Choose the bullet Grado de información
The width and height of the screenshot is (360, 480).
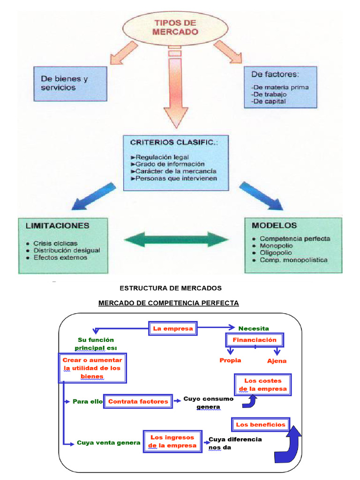[x=170, y=164]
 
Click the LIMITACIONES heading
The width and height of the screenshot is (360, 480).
[x=58, y=225]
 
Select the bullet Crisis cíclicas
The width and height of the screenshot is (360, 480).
[x=55, y=243]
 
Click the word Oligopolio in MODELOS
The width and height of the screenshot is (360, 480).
[x=276, y=253]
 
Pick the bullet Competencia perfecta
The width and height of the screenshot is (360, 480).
[x=294, y=239]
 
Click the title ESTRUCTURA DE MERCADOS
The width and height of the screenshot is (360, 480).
[x=171, y=288]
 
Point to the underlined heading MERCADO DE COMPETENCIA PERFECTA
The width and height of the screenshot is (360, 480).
[x=168, y=303]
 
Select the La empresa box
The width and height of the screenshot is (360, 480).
[x=173, y=329]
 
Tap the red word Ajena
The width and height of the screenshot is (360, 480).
[x=277, y=361]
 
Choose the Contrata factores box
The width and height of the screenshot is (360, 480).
[x=138, y=401]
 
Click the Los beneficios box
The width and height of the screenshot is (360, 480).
[x=261, y=425]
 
